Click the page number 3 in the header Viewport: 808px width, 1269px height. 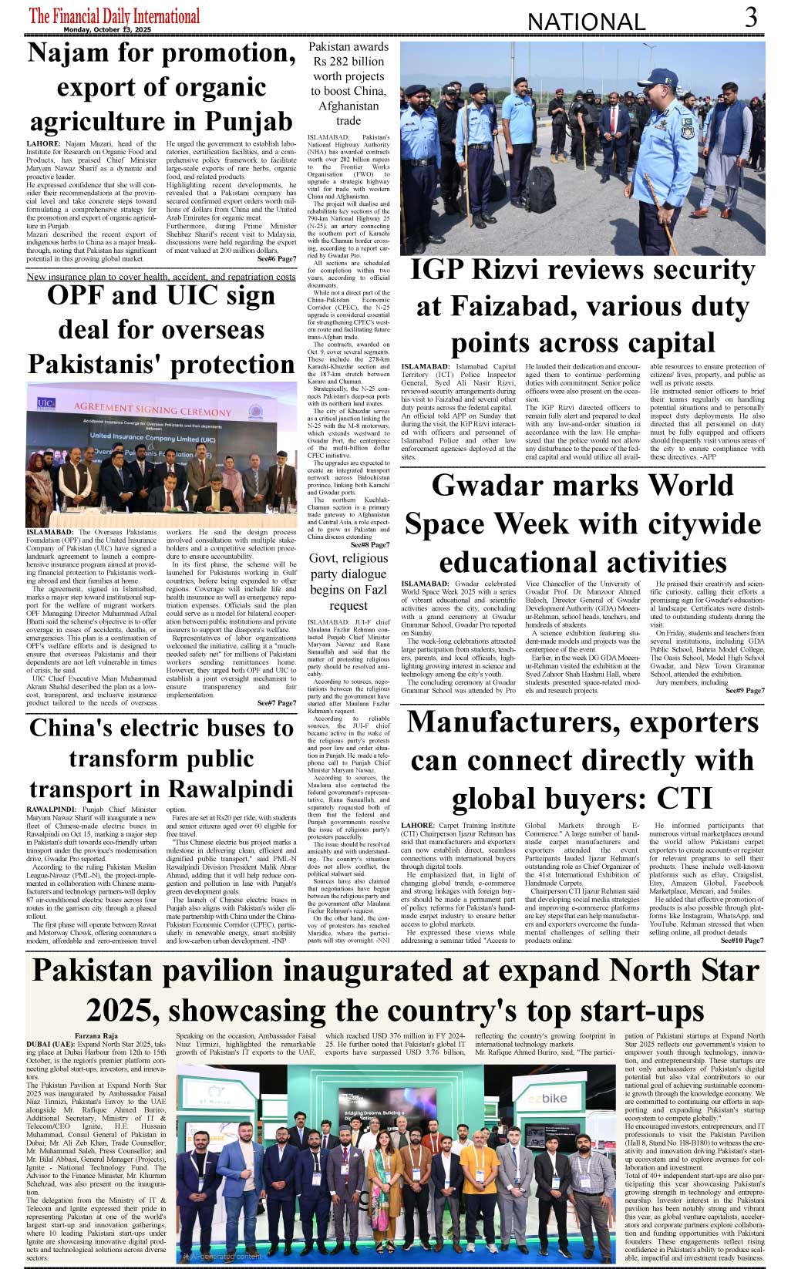[751, 17]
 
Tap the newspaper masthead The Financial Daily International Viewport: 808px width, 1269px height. [114, 15]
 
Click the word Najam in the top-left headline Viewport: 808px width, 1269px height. [67, 53]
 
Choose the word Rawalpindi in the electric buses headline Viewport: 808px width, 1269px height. [230, 789]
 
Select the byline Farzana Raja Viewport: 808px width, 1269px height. [96, 1036]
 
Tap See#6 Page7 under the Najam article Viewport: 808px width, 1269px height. [276, 259]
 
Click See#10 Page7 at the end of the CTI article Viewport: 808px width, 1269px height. [742, 941]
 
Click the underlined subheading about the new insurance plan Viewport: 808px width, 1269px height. [160, 276]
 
